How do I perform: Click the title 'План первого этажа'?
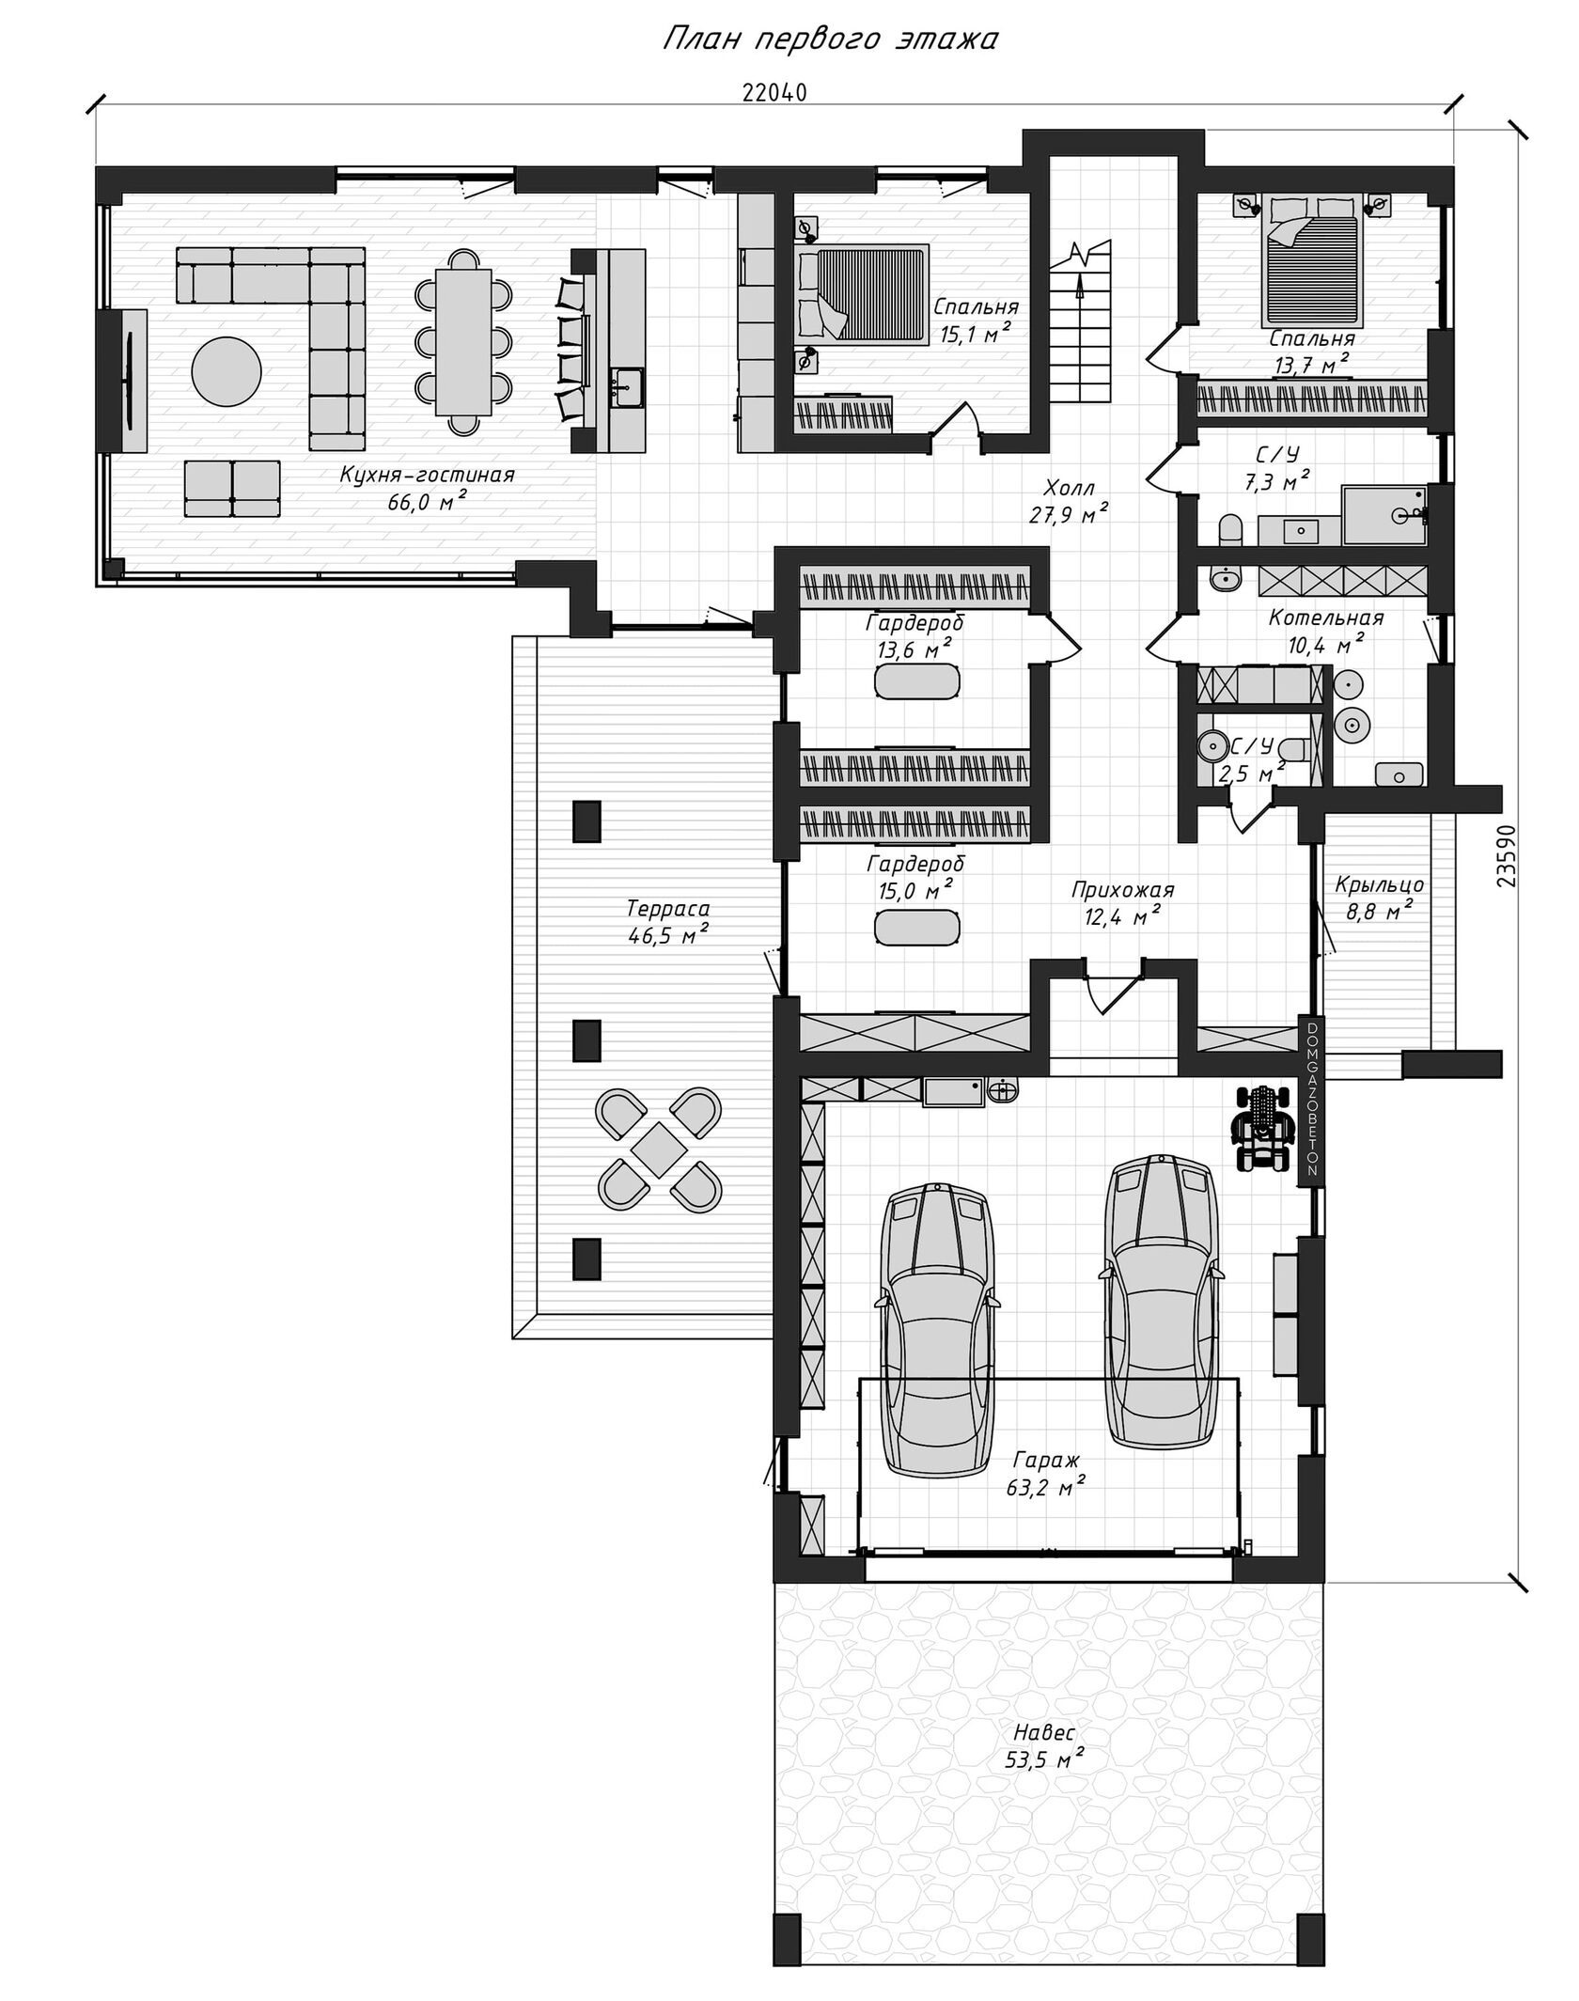[x=830, y=39]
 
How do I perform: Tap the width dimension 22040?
[x=774, y=92]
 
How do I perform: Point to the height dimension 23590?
[x=1506, y=856]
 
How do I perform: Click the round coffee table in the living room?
[x=227, y=371]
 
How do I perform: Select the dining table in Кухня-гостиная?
[x=463, y=341]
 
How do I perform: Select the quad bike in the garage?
[x=1264, y=1127]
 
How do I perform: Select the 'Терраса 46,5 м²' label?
[x=667, y=921]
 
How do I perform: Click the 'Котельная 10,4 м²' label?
[x=1325, y=631]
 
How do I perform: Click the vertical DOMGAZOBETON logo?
[x=1312, y=1100]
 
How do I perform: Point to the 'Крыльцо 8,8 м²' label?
[x=1379, y=897]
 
